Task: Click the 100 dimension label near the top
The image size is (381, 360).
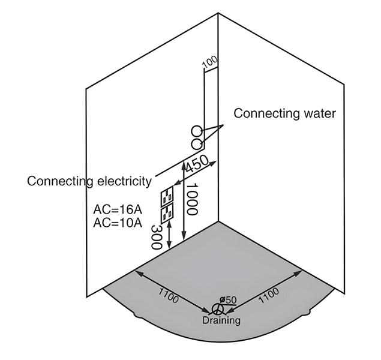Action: point(209,62)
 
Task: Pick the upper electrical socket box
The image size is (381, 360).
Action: point(167,197)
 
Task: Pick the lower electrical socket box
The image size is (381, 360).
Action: point(167,212)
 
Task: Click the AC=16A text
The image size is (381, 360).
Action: point(118,210)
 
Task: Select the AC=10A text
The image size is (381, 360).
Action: point(118,223)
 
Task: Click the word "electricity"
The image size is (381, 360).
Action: point(121,181)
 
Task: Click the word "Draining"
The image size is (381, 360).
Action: point(221,320)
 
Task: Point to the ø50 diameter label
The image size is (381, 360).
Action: point(228,299)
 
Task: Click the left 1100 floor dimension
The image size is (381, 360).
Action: point(169,294)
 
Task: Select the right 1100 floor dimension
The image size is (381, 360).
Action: point(268,293)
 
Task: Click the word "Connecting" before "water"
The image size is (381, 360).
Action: point(259,113)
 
